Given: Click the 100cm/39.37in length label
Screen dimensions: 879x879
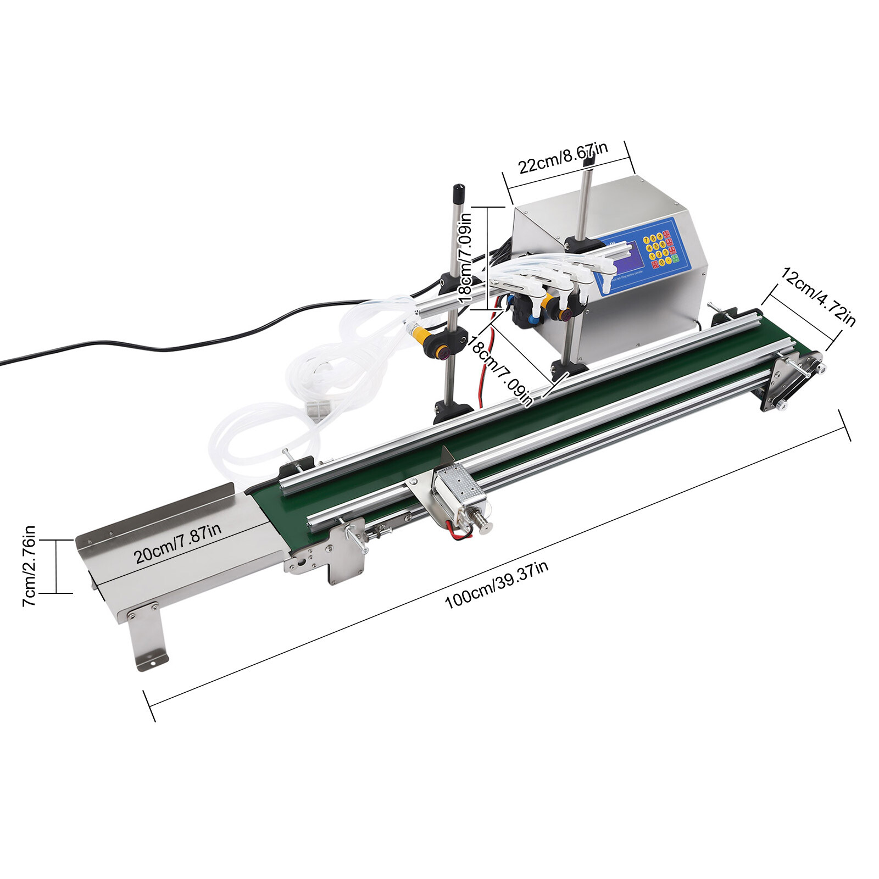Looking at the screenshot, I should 496,585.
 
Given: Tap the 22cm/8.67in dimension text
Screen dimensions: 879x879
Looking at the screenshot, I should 563,158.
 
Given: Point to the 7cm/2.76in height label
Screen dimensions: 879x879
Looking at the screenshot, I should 29,566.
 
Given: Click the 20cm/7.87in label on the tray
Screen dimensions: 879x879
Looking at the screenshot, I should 177,543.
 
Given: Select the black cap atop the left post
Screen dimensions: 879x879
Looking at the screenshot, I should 458,194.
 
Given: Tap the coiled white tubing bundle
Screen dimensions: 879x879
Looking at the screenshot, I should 308,385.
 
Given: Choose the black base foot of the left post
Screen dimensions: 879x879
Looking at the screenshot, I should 453,411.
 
